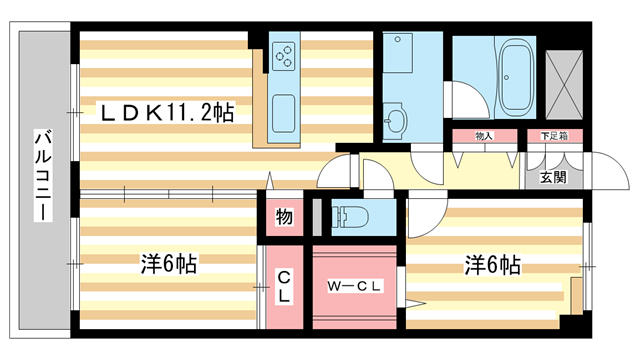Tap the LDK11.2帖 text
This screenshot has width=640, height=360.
166,113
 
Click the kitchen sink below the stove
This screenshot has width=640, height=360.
283,109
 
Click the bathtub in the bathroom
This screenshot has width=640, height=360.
516,78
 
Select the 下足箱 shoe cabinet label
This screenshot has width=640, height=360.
554,136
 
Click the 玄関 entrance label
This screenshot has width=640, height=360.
553,177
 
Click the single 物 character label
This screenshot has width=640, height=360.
284,217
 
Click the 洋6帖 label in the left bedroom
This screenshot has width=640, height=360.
167,264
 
